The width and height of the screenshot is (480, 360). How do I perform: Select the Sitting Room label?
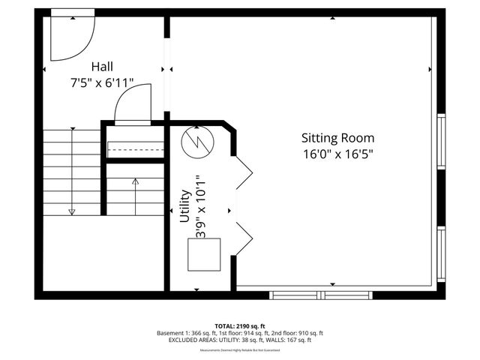pyautogui.click(x=337, y=138)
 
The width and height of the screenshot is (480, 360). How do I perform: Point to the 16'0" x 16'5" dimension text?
pyautogui.click(x=337, y=153)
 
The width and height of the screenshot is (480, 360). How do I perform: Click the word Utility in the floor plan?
pyautogui.click(x=184, y=207)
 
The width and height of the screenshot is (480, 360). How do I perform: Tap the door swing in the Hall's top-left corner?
pyautogui.click(x=70, y=39)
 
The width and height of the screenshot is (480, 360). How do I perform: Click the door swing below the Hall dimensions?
pyautogui.click(x=133, y=105)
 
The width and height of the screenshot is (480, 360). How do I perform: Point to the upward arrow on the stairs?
pyautogui.click(x=135, y=181)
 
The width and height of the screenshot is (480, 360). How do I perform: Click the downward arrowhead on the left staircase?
pyautogui.click(x=72, y=212)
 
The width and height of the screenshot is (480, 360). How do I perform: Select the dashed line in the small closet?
pyautogui.click(x=135, y=149)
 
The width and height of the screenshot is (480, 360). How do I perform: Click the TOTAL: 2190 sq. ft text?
pyautogui.click(x=240, y=326)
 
